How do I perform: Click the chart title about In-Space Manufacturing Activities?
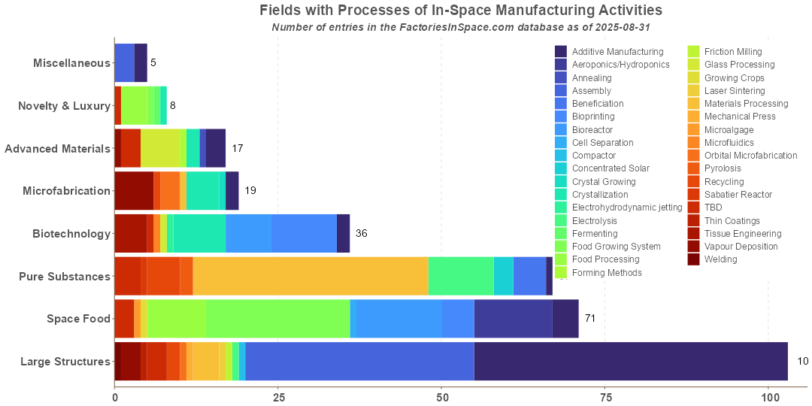point(460,11)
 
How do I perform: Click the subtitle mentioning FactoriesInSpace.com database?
point(460,27)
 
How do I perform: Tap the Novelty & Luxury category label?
point(64,106)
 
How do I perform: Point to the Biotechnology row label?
point(71,234)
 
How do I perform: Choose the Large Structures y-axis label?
point(65,362)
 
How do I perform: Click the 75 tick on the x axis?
point(605,396)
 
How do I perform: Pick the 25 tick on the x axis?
point(278,396)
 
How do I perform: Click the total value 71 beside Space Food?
point(590,319)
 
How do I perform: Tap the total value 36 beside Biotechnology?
point(362,234)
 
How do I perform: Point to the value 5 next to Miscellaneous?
point(153,63)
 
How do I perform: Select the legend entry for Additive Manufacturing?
point(617,51)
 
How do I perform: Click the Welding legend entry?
point(720,259)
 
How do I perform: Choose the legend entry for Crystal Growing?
point(603,181)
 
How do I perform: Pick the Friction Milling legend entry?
point(732,51)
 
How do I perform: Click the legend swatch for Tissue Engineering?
point(692,234)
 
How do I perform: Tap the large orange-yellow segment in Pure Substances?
point(311,276)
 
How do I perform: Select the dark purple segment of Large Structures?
point(631,362)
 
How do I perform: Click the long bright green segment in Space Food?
point(278,319)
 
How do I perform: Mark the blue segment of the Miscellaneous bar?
point(124,63)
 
